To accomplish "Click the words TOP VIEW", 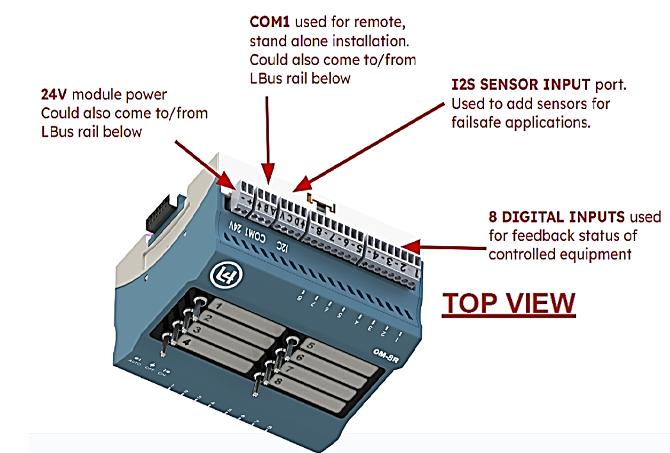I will pos(509,303).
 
